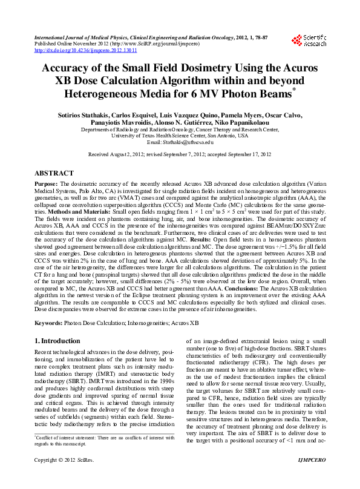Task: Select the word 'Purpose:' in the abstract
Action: tap(46, 183)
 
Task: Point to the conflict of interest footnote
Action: tap(103, 456)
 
